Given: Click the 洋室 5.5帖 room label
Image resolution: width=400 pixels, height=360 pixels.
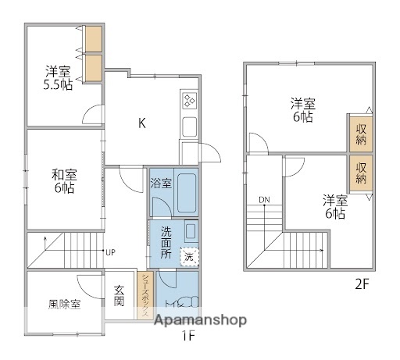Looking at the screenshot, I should click(57, 77).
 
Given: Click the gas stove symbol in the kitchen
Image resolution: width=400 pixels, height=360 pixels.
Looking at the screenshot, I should click(190, 101).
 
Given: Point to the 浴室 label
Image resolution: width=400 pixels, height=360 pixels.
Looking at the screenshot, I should click(161, 186).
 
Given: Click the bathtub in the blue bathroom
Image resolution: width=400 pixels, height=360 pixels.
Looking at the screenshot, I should click(187, 192).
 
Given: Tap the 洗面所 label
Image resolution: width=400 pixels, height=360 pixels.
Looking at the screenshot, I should click(166, 242).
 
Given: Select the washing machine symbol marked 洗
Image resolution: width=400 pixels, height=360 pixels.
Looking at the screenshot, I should click(188, 256).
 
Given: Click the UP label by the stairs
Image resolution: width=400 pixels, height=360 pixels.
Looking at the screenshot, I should click(110, 252).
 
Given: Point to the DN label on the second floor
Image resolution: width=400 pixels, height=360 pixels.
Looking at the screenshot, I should click(265, 200).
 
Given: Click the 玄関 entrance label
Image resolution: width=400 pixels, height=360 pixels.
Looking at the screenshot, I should click(120, 297).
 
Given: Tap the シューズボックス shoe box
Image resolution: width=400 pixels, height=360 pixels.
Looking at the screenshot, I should click(145, 296).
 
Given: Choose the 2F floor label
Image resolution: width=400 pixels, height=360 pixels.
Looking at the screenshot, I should click(362, 284).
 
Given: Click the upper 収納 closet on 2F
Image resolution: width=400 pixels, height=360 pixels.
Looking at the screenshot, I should click(361, 134).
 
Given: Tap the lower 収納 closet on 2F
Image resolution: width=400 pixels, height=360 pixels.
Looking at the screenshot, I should click(361, 173).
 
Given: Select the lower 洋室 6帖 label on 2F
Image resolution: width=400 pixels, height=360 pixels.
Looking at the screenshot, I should click(334, 206).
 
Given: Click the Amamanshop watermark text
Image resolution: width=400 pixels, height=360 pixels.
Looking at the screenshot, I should click(201, 320).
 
